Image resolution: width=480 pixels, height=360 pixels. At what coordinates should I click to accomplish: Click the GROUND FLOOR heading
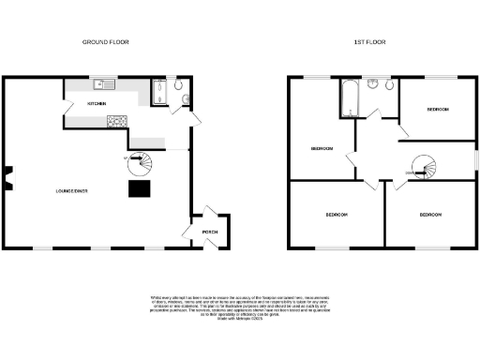coord(105,42)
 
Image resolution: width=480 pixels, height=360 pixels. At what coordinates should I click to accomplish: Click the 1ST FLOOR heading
coord(369,42)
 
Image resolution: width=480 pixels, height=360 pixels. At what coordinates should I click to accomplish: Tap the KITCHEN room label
coord(97,103)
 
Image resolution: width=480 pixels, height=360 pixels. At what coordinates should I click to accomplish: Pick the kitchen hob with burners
coord(118,120)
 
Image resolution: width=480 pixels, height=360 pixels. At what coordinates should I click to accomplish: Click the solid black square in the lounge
coord(140,189)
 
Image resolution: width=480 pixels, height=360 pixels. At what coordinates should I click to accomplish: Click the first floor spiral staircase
coord(423,170)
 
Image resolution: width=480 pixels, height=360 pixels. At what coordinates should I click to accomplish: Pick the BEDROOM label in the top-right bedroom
coord(438,110)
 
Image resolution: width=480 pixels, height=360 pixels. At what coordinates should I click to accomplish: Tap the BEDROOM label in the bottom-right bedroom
coord(430,216)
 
